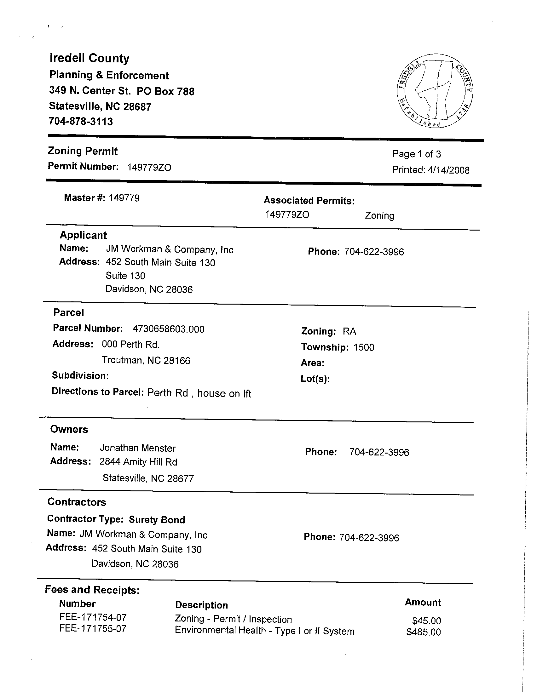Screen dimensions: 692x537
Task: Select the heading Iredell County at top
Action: pos(89,58)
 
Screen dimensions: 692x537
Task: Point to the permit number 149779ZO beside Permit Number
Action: pos(149,167)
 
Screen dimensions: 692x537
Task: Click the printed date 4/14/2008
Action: pos(448,170)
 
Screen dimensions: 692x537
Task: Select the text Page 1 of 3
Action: pos(417,154)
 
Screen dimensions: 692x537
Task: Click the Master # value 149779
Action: pos(124,198)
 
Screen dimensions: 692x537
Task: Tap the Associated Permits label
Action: pos(309,201)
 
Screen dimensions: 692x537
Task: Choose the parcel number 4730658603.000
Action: pos(168,329)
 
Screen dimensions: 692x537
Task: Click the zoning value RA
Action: pos(349,331)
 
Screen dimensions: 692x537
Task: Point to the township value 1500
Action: pos(364,347)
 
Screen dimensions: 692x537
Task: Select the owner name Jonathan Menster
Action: pos(138,448)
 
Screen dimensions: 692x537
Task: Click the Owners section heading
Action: pos(69,429)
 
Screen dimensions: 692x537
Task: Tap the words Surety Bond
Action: pos(157,520)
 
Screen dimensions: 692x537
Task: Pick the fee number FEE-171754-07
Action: pos(93,617)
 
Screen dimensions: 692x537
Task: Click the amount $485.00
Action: pos(424,632)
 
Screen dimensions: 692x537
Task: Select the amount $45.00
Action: pos(426,621)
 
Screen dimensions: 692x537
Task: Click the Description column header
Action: pos(202,605)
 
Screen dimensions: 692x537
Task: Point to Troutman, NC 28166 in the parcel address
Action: pos(146,360)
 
